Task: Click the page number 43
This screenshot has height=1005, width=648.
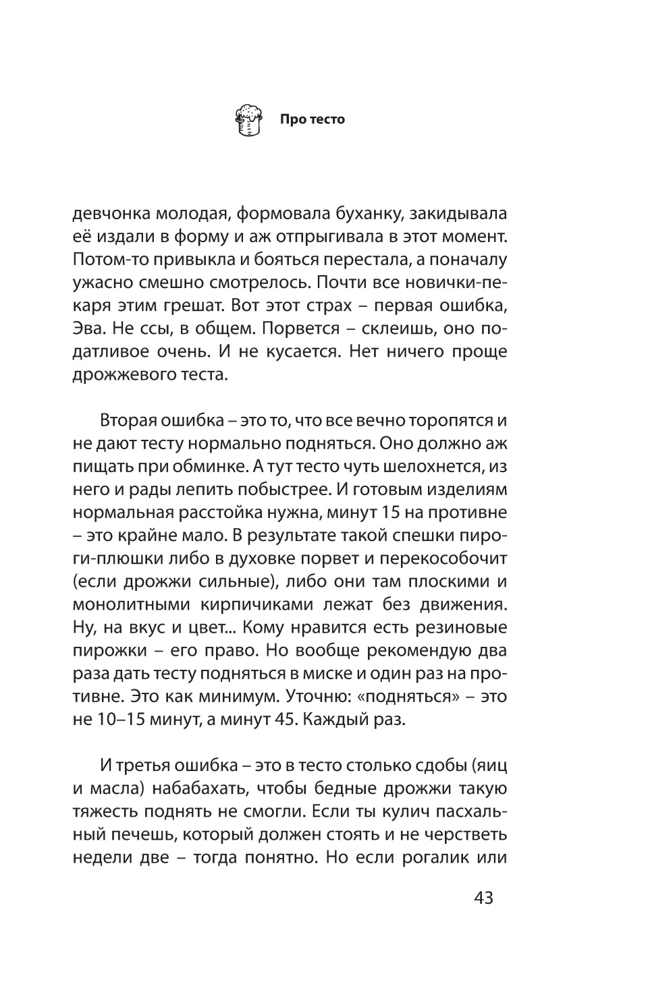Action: tap(484, 898)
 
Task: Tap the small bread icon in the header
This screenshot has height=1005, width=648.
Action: tap(248, 120)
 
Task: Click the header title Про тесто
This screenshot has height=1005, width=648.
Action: tap(313, 119)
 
